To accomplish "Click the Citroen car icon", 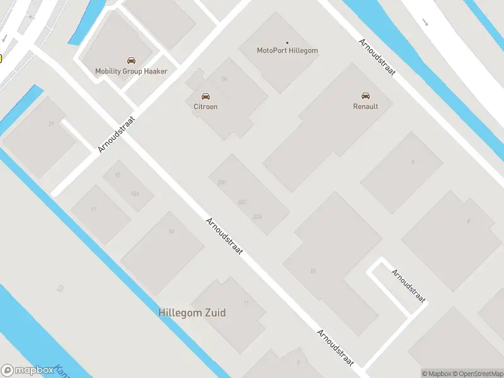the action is [x=205, y=96].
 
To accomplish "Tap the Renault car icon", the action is [x=365, y=96].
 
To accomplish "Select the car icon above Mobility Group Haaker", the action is [x=131, y=60].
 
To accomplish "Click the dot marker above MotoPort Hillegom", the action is [x=287, y=43].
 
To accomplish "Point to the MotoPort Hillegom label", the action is [x=287, y=50].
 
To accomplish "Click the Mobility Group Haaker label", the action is [x=131, y=71].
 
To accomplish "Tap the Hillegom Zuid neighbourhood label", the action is [x=192, y=312].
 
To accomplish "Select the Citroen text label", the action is [x=205, y=106].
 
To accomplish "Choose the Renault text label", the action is [x=365, y=106].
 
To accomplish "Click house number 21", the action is [x=50, y=124].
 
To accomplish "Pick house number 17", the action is [x=94, y=209].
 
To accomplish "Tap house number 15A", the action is [x=134, y=193].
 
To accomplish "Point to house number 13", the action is [x=171, y=232].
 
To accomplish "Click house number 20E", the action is [x=222, y=183].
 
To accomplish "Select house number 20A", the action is [x=256, y=217].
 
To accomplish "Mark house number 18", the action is [x=312, y=271].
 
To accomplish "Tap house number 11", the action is [x=246, y=303].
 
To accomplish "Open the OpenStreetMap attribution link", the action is [x=476, y=374].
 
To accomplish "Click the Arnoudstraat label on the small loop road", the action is [x=408, y=286].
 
